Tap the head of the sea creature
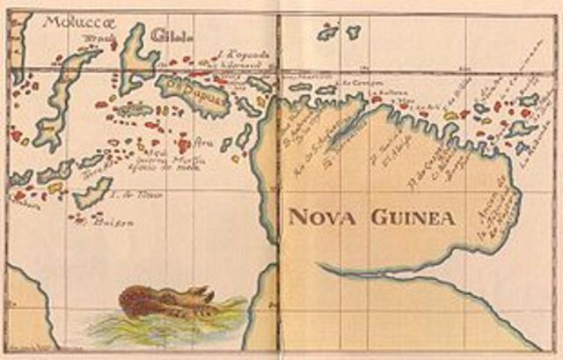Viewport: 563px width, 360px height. click(x=203, y=294)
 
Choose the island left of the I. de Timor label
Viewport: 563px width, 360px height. click(x=93, y=193)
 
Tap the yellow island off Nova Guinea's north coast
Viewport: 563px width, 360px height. click(x=451, y=115)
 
